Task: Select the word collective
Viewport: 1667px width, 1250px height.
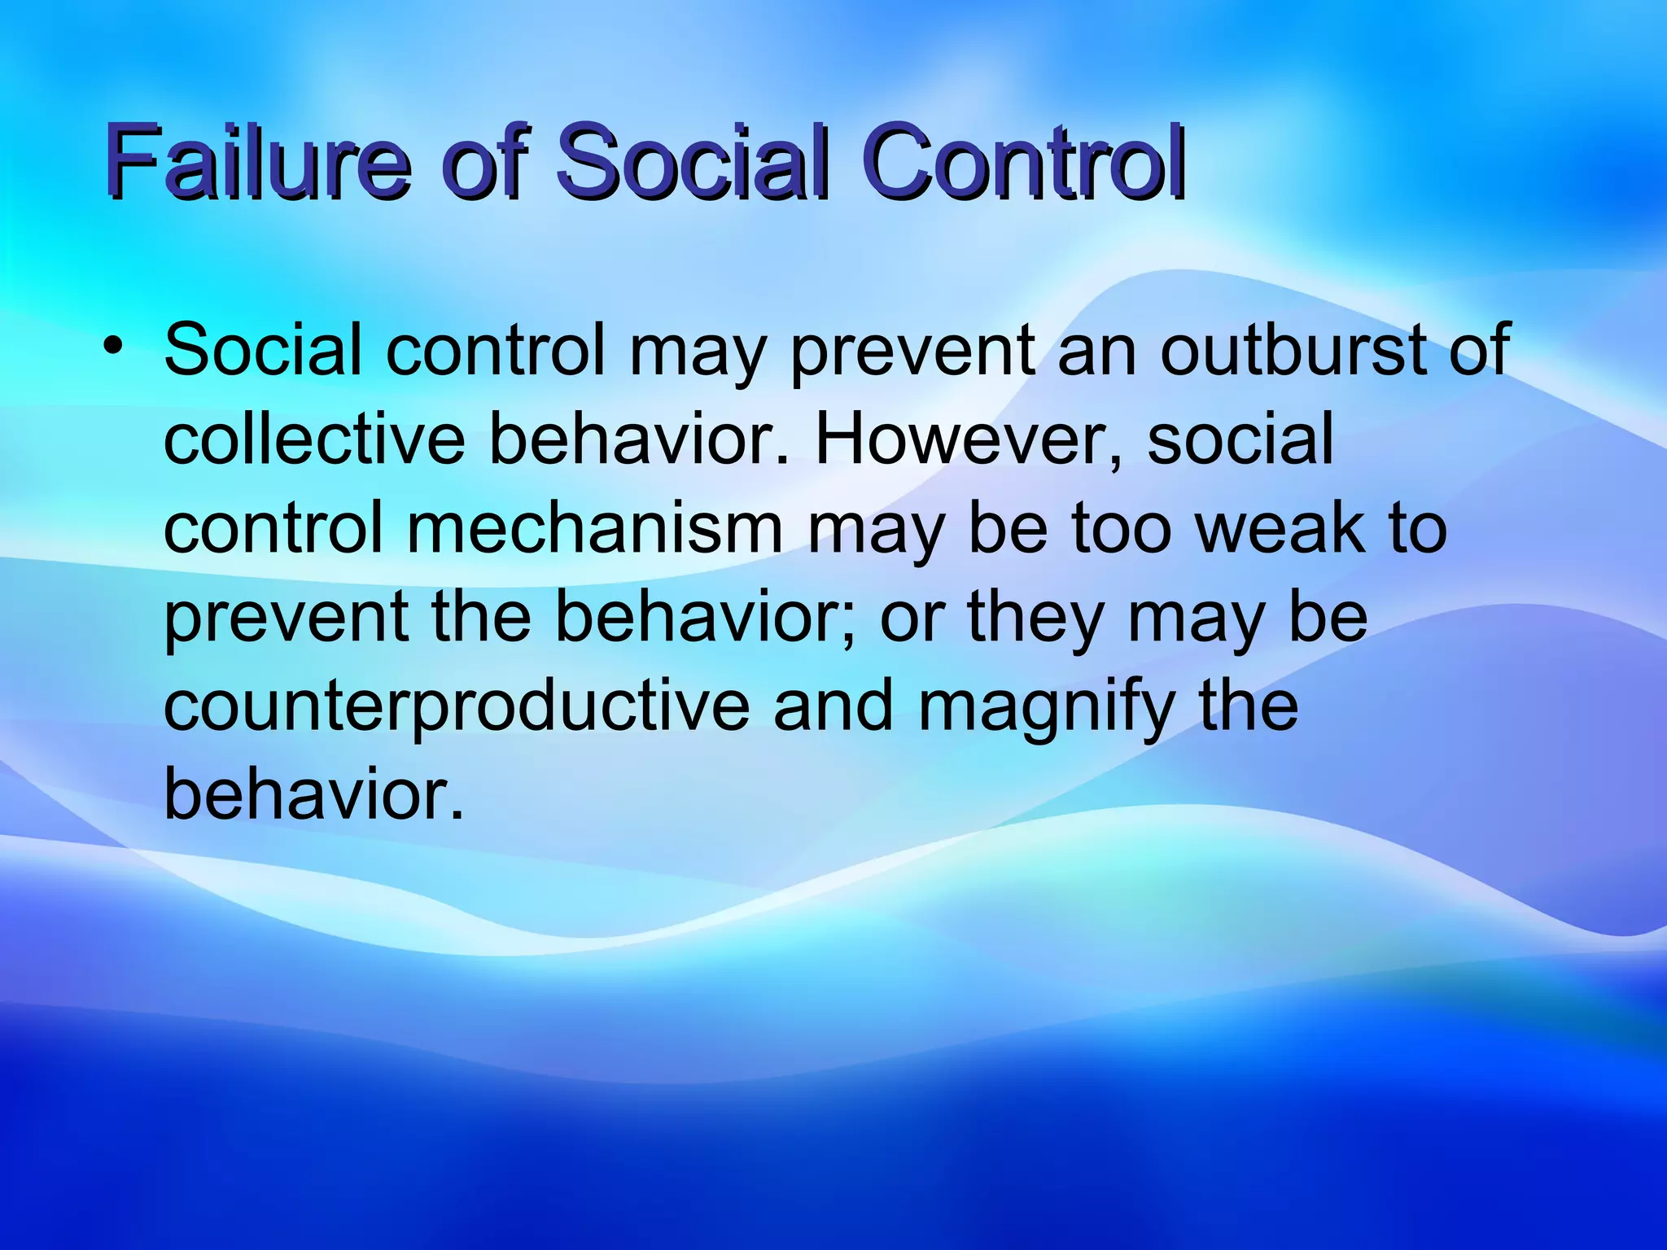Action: tap(313, 439)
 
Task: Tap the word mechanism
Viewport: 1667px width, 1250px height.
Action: tap(594, 529)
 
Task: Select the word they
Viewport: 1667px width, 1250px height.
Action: tap(1034, 618)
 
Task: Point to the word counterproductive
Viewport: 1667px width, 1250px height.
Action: tap(456, 706)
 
